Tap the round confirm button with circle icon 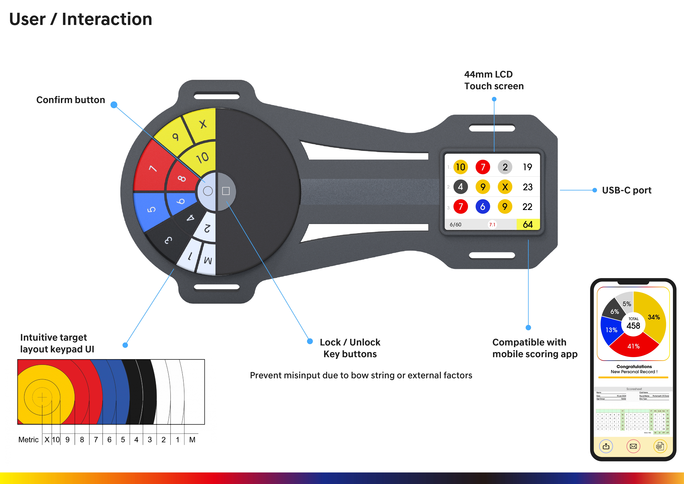coord(208,191)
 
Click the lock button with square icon coord(226,191)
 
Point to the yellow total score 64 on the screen coord(528,224)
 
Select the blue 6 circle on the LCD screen coord(483,207)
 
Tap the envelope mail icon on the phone coord(633,446)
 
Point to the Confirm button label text coord(71,100)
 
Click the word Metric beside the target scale coord(28,440)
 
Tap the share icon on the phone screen coord(606,446)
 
